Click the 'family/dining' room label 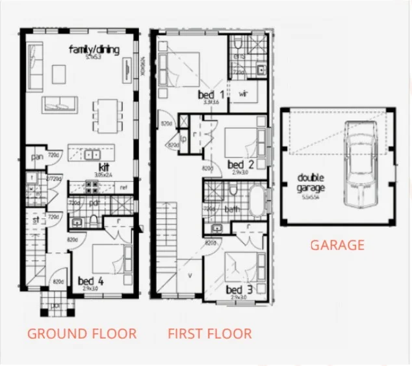(x=94, y=49)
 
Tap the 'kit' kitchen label (x=103, y=168)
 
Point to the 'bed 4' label (x=87, y=281)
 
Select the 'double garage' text (x=311, y=183)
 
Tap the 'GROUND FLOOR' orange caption (x=82, y=334)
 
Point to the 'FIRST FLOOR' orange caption (x=210, y=334)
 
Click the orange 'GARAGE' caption (x=337, y=246)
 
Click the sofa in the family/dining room (x=60, y=104)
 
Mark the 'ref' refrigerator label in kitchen (x=123, y=188)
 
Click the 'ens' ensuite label (x=238, y=57)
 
